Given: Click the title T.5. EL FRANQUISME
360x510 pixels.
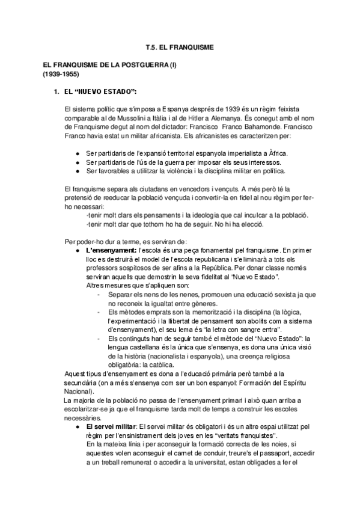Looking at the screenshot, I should click(180, 46).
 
